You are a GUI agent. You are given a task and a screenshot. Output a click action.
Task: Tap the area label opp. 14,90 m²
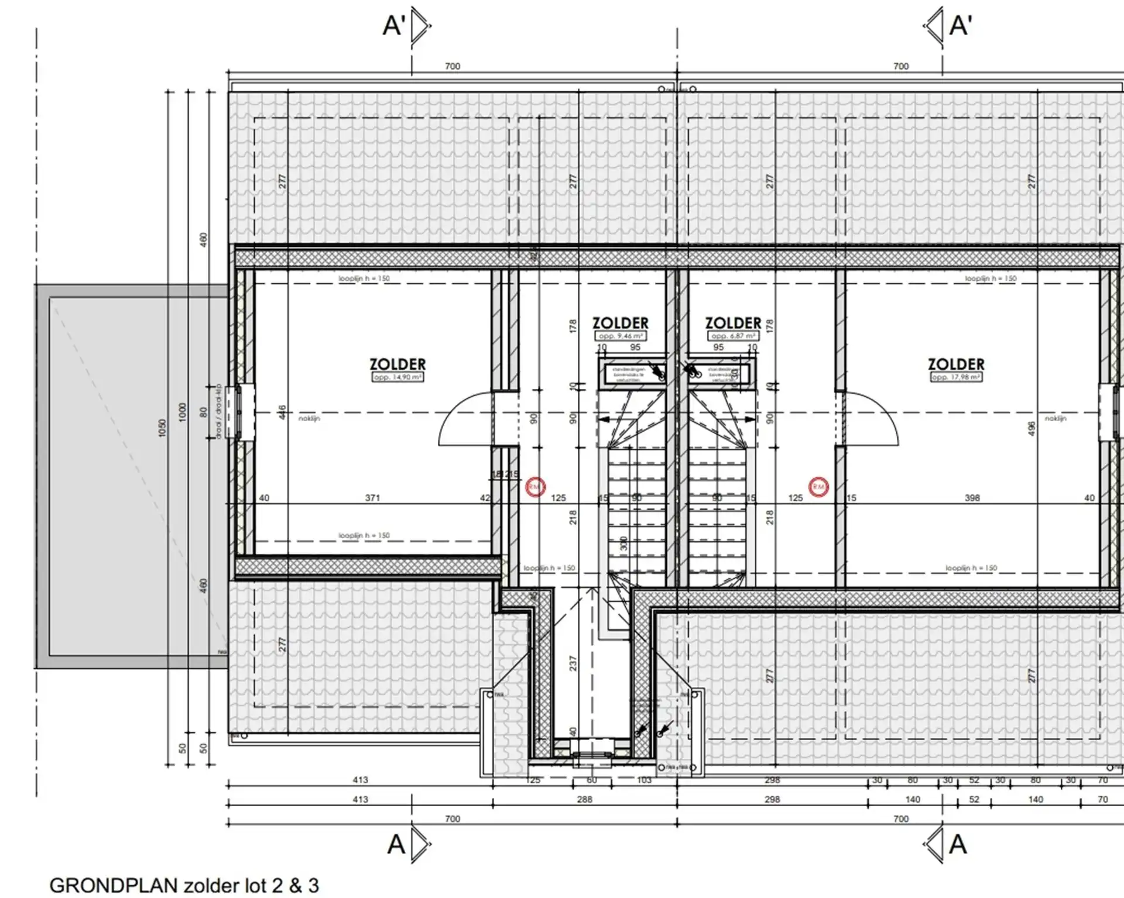tap(397, 377)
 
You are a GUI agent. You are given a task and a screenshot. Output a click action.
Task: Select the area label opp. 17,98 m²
tap(956, 377)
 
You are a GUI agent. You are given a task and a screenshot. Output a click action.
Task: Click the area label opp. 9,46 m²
tap(621, 336)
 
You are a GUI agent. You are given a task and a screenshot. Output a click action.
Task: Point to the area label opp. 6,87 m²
tap(733, 336)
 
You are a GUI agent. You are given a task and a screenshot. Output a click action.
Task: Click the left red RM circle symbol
tap(535, 487)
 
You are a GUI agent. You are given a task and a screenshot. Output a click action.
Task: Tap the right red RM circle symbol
tap(818, 487)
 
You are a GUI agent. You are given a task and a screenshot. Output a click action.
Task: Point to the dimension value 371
tap(372, 498)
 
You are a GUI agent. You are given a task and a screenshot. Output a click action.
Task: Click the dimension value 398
tap(972, 498)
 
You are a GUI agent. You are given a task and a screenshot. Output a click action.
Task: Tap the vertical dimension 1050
tap(163, 427)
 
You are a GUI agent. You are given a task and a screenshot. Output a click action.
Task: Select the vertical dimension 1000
tap(182, 411)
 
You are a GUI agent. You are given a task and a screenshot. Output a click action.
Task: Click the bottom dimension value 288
tap(584, 799)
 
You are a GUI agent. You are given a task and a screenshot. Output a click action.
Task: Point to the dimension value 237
tap(573, 663)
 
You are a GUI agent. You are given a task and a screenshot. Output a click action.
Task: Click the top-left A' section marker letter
tap(394, 26)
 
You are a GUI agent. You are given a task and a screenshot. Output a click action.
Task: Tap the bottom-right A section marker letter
tap(958, 844)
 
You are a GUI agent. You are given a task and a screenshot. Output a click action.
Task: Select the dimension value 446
tap(282, 412)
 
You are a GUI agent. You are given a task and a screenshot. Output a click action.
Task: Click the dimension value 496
tap(1032, 428)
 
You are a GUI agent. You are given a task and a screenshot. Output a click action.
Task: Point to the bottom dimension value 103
tap(643, 780)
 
